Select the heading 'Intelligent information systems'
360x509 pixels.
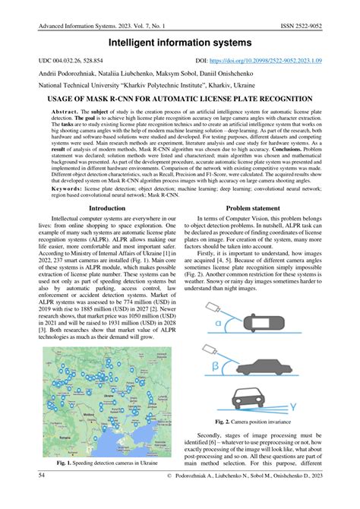click(180, 46)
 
